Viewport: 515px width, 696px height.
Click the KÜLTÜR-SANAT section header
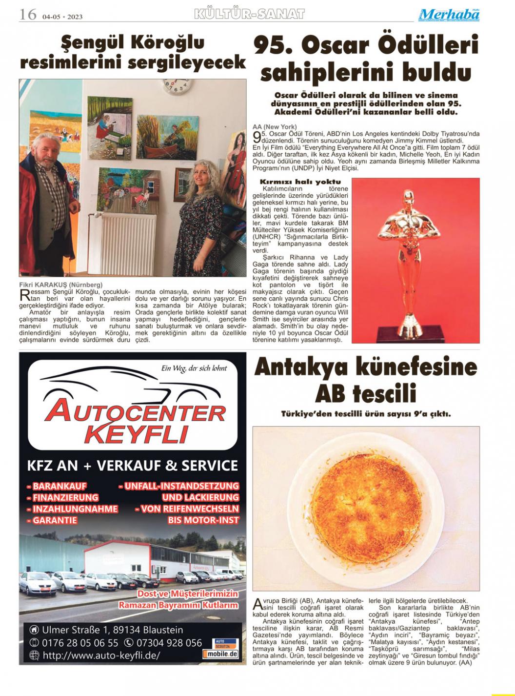pyautogui.click(x=249, y=14)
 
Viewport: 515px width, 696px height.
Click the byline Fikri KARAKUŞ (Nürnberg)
pyautogui.click(x=61, y=284)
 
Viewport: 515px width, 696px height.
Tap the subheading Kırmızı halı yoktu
pyautogui.click(x=300, y=182)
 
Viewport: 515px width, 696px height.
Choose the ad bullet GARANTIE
pyautogui.click(x=55, y=520)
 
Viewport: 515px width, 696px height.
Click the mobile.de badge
pyautogui.click(x=221, y=654)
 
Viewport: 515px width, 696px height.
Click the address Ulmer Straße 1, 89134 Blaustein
pyautogui.click(x=112, y=630)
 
